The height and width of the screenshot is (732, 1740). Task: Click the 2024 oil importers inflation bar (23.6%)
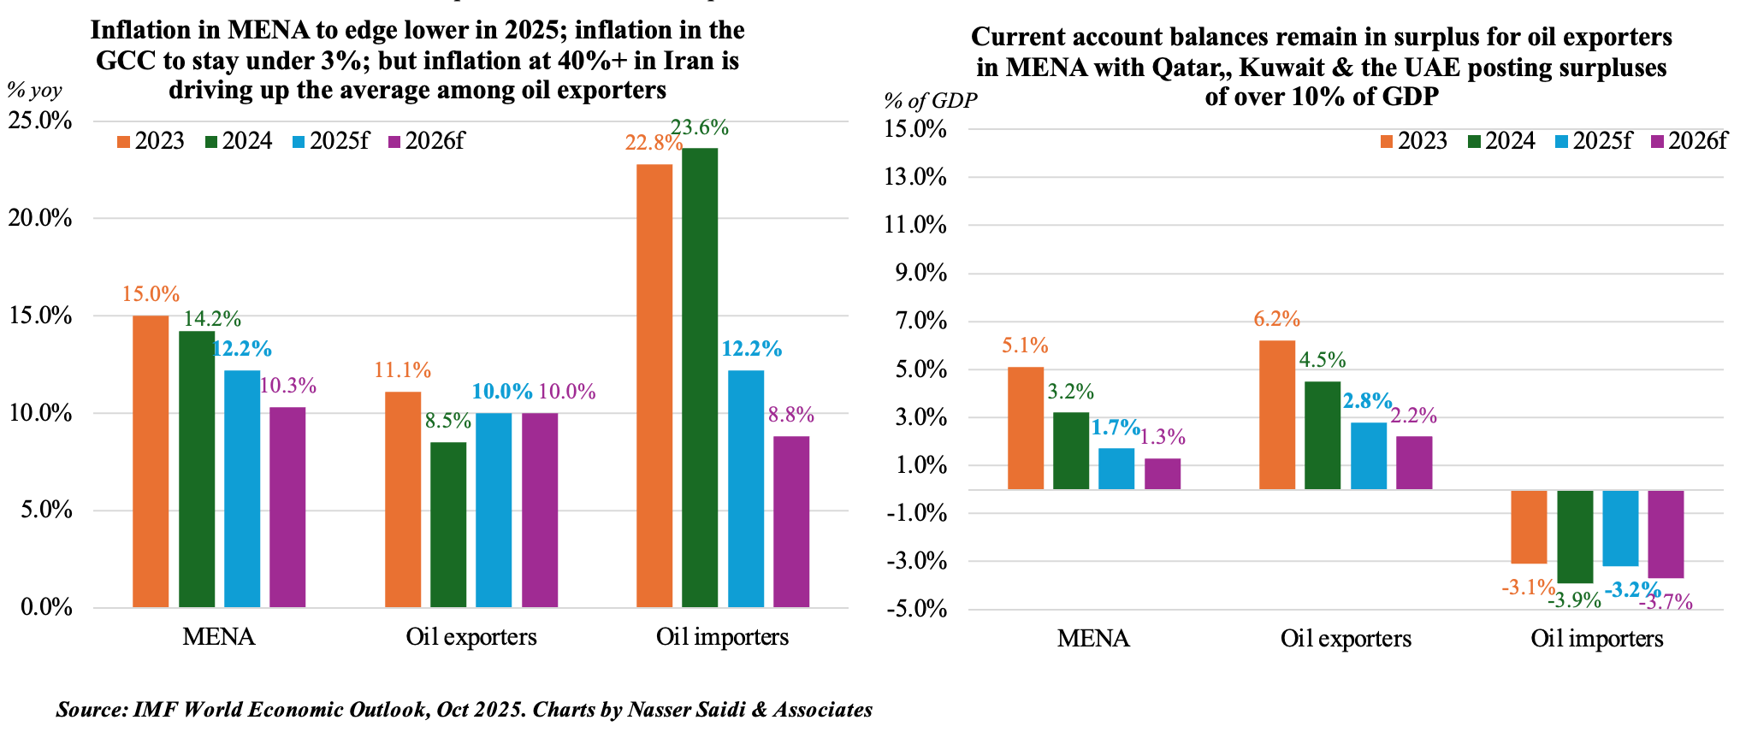(x=700, y=377)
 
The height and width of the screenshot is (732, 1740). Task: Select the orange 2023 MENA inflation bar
(x=151, y=461)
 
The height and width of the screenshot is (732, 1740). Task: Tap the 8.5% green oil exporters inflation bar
(x=448, y=524)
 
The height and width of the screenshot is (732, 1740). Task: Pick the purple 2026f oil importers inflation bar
(x=791, y=522)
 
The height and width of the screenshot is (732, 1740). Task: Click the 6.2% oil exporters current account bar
(x=1277, y=415)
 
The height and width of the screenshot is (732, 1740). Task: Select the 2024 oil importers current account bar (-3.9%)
(x=1575, y=536)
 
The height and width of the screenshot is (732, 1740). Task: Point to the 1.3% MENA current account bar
(x=1163, y=474)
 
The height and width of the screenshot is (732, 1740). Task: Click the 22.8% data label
(x=653, y=143)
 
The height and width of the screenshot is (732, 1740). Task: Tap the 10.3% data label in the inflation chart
(x=288, y=386)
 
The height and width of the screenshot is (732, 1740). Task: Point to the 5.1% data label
(x=1025, y=345)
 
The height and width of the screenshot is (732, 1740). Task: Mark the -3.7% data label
(x=1666, y=602)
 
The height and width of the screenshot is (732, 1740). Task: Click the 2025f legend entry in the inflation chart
(x=330, y=141)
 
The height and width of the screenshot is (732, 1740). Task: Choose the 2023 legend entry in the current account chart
(x=1413, y=141)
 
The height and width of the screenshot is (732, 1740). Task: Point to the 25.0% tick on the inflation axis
(x=39, y=121)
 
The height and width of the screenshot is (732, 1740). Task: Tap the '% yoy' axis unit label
(x=34, y=90)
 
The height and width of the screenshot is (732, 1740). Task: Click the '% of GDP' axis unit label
(x=930, y=101)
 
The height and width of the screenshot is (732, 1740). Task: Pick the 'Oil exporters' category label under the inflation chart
(x=471, y=637)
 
